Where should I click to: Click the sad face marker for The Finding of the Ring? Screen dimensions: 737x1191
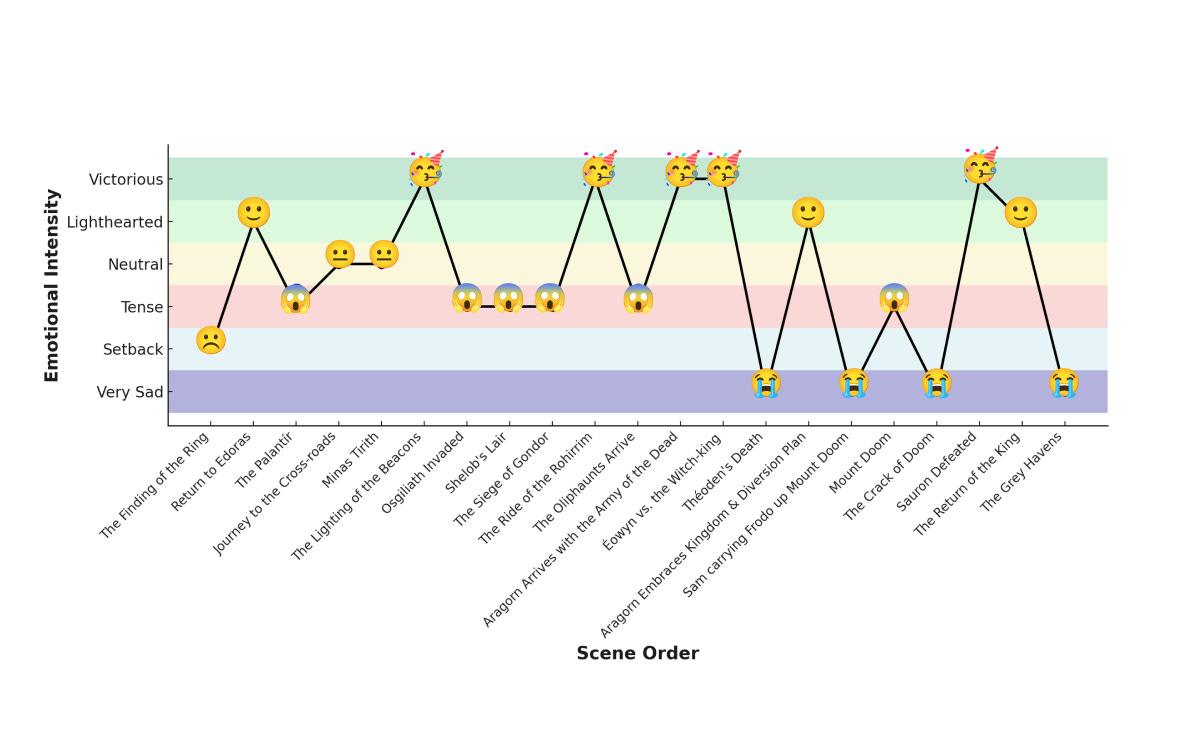point(211,341)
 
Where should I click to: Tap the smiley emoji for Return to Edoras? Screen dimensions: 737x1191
point(254,212)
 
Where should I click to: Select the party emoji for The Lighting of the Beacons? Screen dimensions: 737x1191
point(425,171)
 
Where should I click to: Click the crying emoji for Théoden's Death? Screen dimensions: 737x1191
point(766,383)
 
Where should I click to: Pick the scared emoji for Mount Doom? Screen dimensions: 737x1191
point(894,298)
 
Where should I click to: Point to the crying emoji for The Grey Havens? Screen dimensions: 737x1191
point(1064,383)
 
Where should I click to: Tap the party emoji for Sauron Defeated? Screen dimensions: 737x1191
point(980,168)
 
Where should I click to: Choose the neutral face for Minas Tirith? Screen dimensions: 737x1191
point(383,255)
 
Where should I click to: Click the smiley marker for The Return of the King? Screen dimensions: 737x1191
point(1021,212)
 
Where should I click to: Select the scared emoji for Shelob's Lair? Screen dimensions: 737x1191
point(509,298)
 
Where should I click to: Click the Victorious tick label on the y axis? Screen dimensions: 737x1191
point(126,180)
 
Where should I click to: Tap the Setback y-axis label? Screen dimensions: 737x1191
point(133,350)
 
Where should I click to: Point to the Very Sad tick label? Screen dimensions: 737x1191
point(130,392)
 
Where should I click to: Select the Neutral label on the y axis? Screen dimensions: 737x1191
point(135,265)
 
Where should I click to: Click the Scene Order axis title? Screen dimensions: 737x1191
point(637,653)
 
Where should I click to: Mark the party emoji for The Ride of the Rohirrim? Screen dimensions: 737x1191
point(598,171)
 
